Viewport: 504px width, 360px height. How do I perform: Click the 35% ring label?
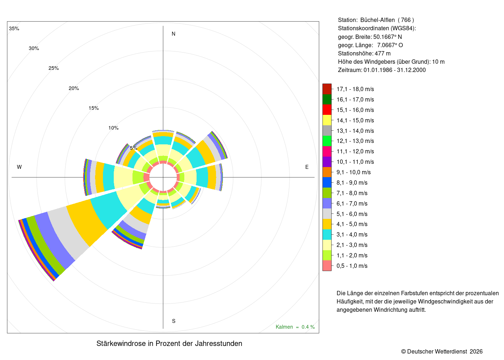(x=14, y=28)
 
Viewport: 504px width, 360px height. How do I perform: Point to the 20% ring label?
(x=74, y=89)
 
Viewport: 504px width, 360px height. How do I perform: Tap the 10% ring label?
(x=113, y=128)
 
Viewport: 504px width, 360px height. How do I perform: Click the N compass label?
(x=174, y=34)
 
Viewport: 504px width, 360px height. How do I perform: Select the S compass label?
(x=174, y=321)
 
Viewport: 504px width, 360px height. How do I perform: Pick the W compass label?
(x=19, y=167)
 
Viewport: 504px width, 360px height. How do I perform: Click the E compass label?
(x=307, y=167)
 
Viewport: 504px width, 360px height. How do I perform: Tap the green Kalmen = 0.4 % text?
(x=295, y=327)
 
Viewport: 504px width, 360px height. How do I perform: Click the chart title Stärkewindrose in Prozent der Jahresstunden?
(x=169, y=343)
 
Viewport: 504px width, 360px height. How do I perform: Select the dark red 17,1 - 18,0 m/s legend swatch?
(x=327, y=89)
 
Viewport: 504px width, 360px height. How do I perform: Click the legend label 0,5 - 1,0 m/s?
(x=352, y=266)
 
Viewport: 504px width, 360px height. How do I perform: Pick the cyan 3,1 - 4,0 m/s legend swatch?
(x=327, y=234)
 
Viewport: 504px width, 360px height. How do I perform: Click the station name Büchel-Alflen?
(x=377, y=20)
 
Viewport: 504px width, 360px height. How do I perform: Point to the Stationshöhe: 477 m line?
(x=364, y=54)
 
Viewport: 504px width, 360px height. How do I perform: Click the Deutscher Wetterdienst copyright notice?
(x=442, y=351)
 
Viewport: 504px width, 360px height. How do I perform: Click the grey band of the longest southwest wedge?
(x=68, y=233)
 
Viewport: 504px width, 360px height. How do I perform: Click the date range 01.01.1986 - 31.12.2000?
(x=395, y=70)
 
